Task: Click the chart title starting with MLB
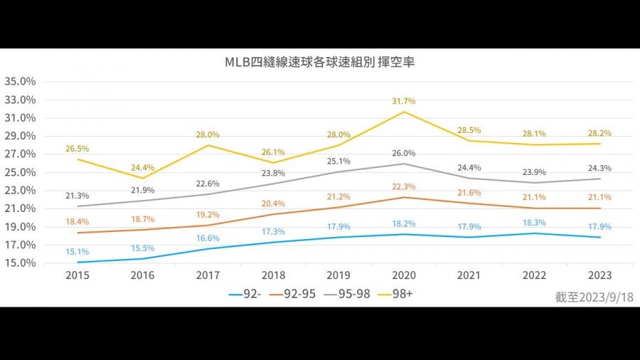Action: click(319, 62)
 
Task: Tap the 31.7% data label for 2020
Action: click(405, 101)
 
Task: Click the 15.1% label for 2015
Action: click(77, 251)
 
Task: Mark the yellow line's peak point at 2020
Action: click(405, 112)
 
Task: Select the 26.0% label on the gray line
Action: click(405, 153)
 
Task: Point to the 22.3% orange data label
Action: click(405, 186)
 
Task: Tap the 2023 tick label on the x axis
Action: click(599, 274)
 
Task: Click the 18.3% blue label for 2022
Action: click(535, 223)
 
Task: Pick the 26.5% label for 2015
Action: click(77, 149)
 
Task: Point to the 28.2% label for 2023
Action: click(599, 133)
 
